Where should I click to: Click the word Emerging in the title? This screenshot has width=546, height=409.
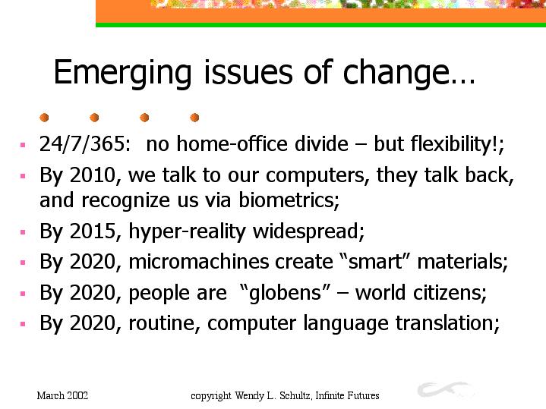(x=122, y=73)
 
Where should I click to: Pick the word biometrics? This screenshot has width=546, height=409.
(x=289, y=200)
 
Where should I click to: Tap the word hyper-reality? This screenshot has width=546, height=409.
(x=188, y=231)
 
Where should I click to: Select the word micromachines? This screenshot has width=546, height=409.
(x=199, y=262)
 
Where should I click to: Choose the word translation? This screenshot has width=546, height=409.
(x=447, y=323)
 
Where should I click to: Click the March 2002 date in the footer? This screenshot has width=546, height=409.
(x=62, y=395)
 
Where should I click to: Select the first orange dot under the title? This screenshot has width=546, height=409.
(x=44, y=118)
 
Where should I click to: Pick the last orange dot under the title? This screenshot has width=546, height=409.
(x=194, y=118)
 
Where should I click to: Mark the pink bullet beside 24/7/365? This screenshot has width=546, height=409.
(x=23, y=145)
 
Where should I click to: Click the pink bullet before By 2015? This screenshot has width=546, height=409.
(x=23, y=232)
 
